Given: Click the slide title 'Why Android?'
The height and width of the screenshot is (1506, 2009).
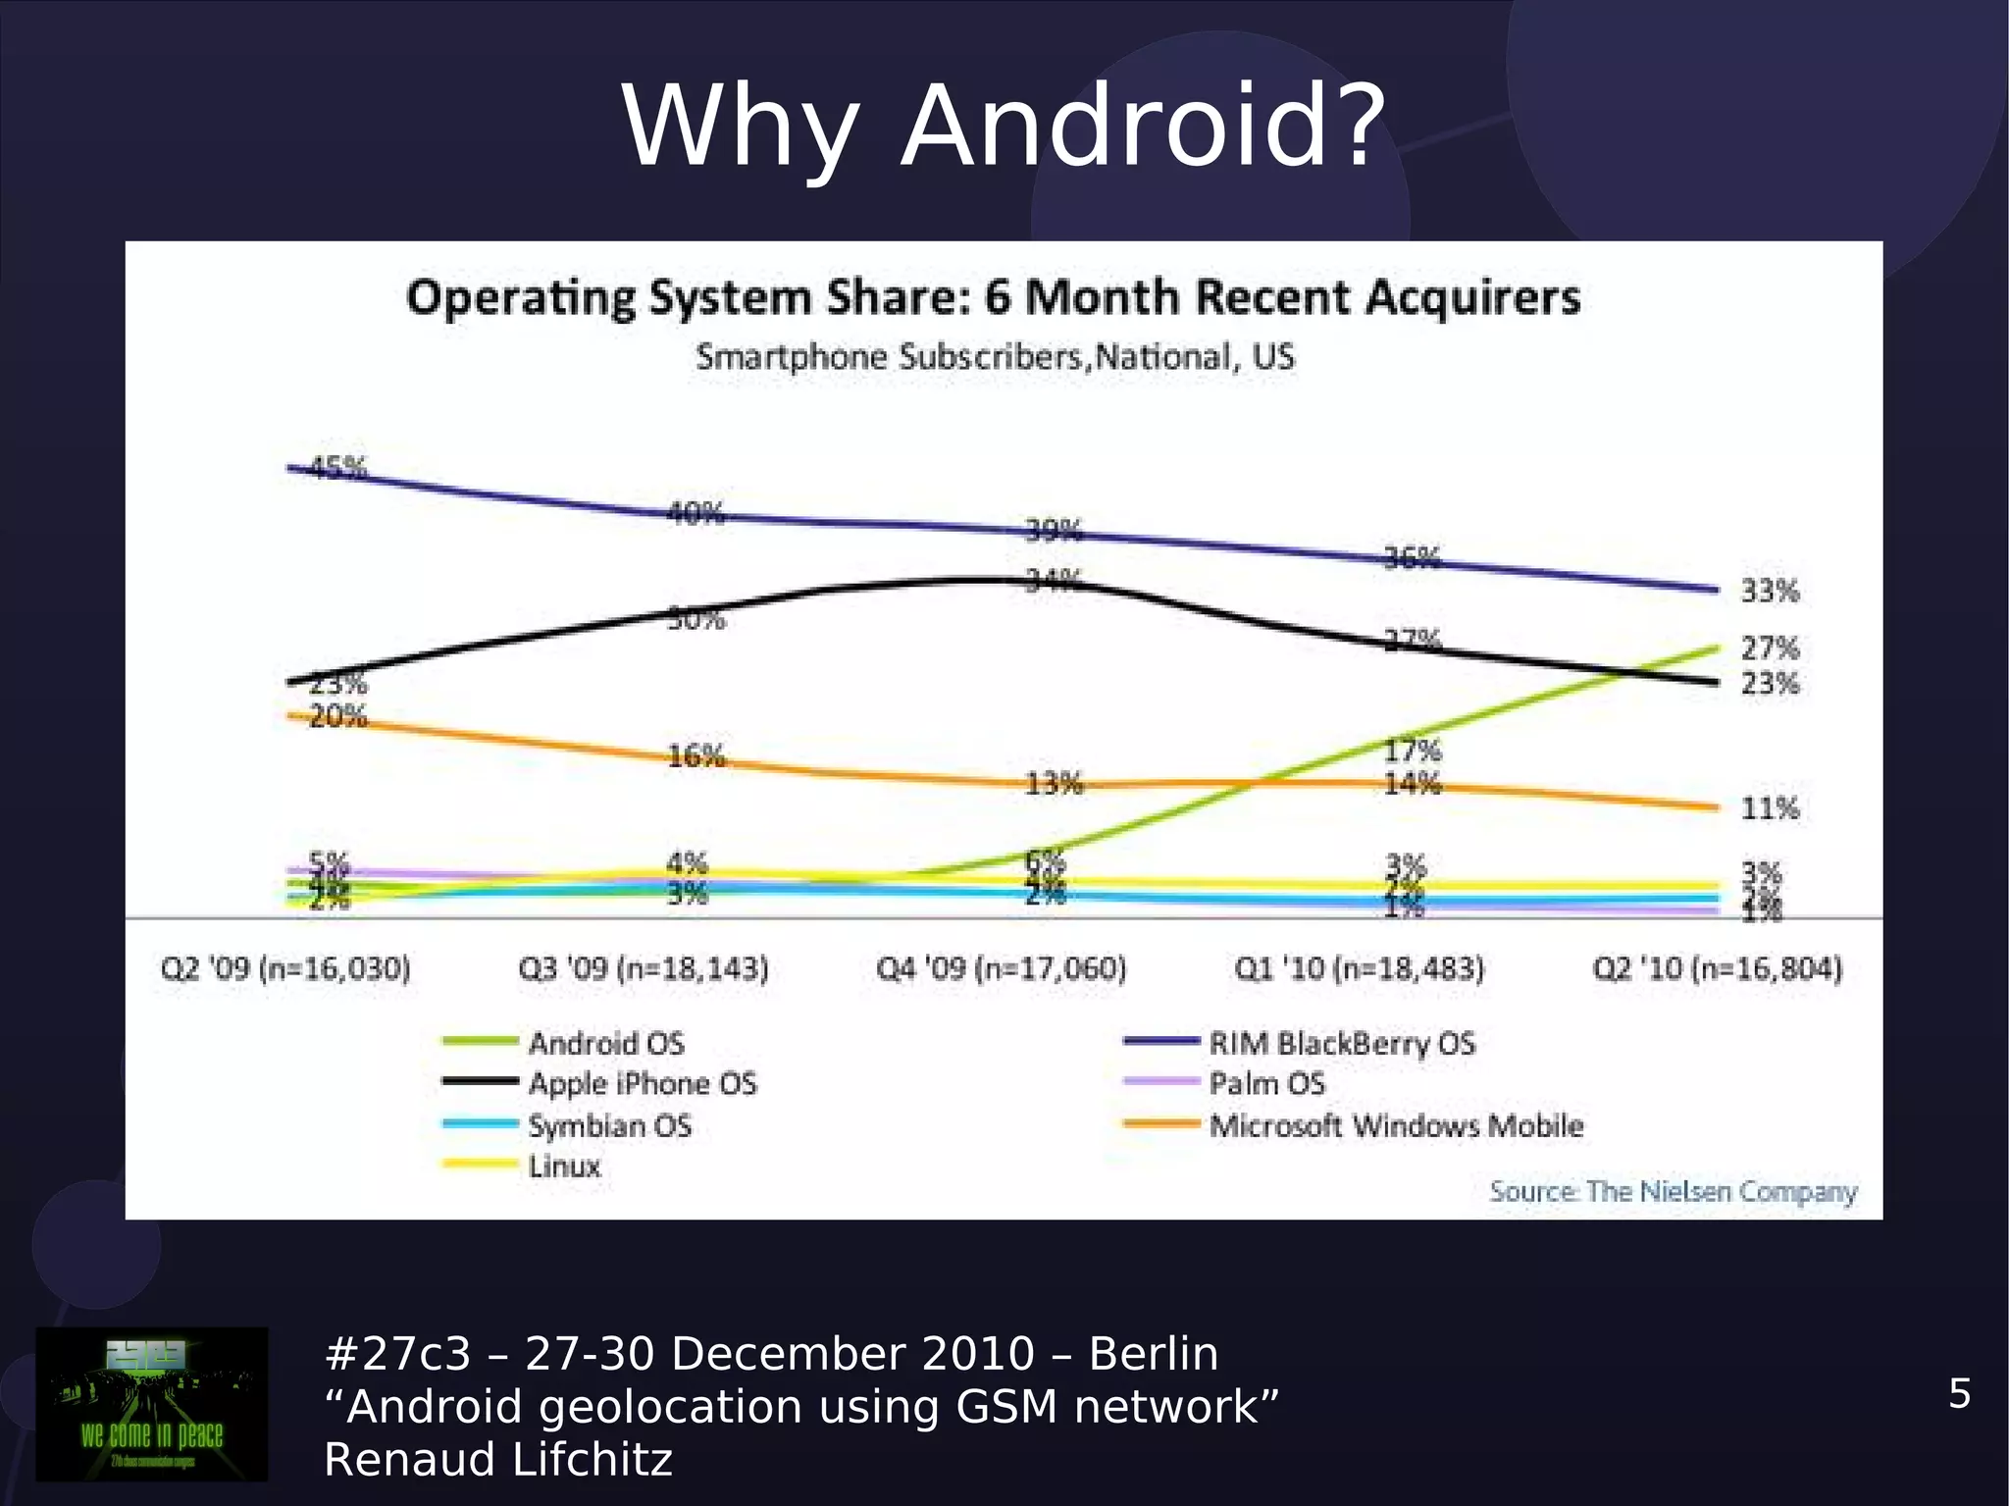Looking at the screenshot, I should [x=1004, y=128].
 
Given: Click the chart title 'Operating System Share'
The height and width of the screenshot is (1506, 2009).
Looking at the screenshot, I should [x=993, y=297].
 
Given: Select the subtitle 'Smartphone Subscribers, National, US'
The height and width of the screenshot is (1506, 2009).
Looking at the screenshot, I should [x=995, y=356].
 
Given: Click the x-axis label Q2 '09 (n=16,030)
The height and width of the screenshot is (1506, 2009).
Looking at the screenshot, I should [x=285, y=969].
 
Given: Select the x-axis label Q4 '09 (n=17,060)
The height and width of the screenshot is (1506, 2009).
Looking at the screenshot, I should [x=1002, y=969].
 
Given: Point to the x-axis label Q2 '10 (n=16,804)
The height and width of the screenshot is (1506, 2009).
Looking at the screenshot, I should [x=1718, y=969].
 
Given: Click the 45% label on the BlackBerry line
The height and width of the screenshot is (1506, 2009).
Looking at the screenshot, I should [x=338, y=468].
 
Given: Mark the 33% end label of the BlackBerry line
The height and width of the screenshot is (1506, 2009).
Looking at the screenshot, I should [x=1770, y=591].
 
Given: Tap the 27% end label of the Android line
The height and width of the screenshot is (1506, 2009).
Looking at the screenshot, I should [x=1770, y=648].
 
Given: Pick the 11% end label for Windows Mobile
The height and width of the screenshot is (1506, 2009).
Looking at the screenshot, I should [x=1770, y=808].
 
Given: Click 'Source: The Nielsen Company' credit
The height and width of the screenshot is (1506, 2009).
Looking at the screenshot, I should [x=1673, y=1191].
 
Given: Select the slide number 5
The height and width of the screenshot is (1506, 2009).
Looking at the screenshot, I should [x=1959, y=1393].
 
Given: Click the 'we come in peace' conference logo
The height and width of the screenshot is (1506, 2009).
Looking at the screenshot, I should [x=152, y=1404].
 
